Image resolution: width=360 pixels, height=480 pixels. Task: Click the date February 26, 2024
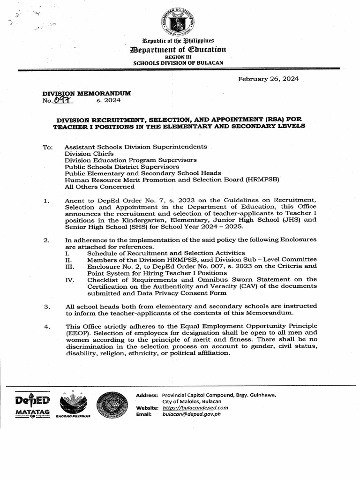(269, 79)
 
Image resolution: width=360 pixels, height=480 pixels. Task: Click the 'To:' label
(48, 147)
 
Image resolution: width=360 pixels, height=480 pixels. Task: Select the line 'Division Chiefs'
(89, 153)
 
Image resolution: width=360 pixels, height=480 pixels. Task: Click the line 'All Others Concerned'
(99, 186)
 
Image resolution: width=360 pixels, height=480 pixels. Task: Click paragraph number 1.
(46, 201)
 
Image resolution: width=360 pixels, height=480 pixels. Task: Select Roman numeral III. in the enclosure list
(69, 266)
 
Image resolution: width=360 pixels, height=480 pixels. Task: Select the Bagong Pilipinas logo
(73, 405)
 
